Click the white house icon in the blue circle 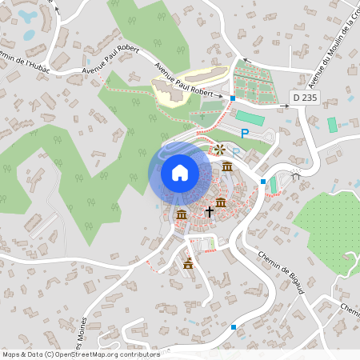coord(179,172)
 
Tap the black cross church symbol coord(210,212)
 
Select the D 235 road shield coord(300,98)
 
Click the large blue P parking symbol coord(245,134)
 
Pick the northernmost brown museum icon coord(228,166)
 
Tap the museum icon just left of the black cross coord(181,214)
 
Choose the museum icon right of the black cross coord(220,201)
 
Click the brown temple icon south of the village coord(189,262)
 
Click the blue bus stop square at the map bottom coord(234,326)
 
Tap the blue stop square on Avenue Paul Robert coord(232,98)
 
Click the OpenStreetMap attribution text coord(81,354)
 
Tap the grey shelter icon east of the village coord(295,178)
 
